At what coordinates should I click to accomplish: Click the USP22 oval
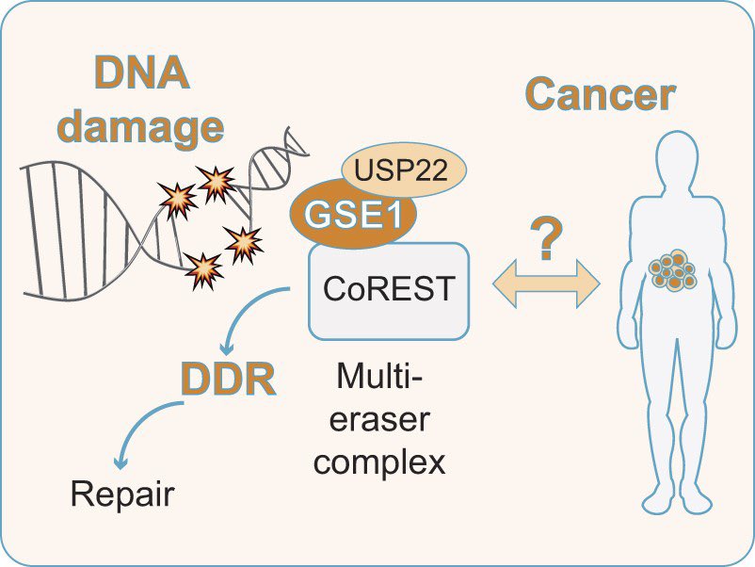click(x=404, y=170)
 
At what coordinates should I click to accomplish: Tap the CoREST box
click(x=389, y=291)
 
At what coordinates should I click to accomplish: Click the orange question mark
click(x=546, y=238)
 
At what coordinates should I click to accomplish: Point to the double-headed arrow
click(x=546, y=283)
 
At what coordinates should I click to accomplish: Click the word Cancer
click(x=600, y=94)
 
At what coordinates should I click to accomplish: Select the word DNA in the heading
click(x=141, y=72)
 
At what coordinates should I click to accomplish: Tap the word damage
click(x=140, y=127)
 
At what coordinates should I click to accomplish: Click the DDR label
click(x=228, y=380)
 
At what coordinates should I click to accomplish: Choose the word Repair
click(x=122, y=494)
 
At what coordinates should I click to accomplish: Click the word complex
click(x=379, y=463)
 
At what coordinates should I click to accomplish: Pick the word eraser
click(x=379, y=419)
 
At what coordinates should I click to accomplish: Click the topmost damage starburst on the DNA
click(x=217, y=183)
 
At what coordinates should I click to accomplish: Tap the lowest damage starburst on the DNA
click(x=203, y=270)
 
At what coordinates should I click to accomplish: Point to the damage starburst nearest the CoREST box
click(x=244, y=244)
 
